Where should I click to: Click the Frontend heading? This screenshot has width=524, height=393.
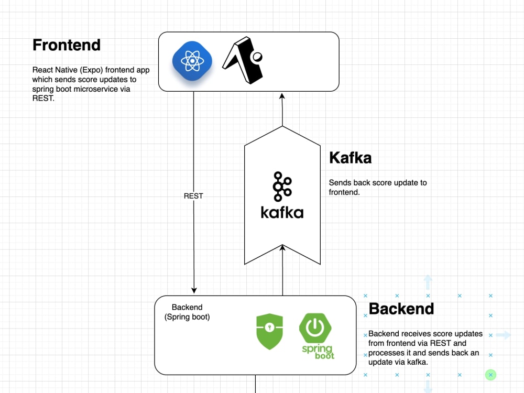click(x=67, y=45)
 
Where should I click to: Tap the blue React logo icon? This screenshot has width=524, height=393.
click(x=192, y=61)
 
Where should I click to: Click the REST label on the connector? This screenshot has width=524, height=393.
click(x=193, y=196)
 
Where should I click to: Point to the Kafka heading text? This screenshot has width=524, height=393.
click(x=350, y=158)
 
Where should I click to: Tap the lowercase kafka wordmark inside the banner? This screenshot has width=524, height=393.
click(x=282, y=212)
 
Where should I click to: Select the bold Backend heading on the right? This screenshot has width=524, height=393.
click(x=401, y=309)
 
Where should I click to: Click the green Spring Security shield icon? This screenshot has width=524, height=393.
click(x=269, y=332)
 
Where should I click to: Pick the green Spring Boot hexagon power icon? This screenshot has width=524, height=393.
click(x=314, y=327)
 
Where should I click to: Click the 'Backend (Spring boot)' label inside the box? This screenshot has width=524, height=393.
click(x=187, y=312)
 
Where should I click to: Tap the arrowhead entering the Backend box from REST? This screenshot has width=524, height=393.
click(x=194, y=290)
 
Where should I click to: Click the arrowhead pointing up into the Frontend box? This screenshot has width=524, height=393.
click(x=282, y=96)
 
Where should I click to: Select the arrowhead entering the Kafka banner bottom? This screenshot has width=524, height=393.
click(x=282, y=248)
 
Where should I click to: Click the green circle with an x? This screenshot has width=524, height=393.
click(x=490, y=375)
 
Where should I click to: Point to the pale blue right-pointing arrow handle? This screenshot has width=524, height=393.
click(x=503, y=335)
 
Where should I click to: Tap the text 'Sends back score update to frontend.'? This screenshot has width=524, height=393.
click(x=377, y=187)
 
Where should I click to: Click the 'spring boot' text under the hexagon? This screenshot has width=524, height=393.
click(x=318, y=351)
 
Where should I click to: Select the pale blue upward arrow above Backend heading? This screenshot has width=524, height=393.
click(x=428, y=282)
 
